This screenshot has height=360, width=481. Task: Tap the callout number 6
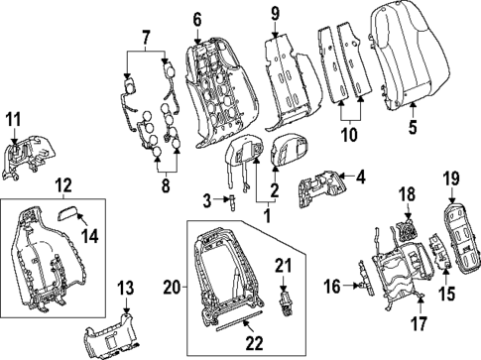(x=196, y=20)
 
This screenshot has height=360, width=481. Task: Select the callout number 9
(x=276, y=14)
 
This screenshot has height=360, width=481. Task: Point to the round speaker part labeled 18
(x=407, y=227)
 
